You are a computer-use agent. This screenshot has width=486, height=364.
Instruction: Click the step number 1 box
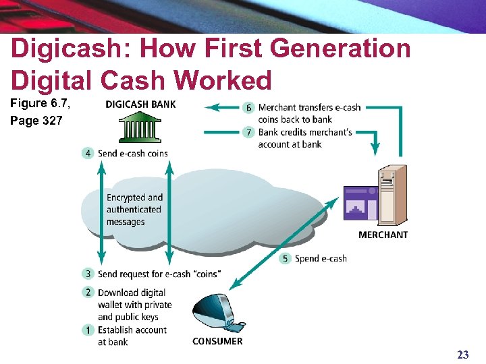coord(88,330)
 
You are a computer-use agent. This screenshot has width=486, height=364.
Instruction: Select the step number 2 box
coord(88,292)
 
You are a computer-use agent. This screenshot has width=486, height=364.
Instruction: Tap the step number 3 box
coord(88,274)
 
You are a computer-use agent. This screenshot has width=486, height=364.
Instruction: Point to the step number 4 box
coord(88,153)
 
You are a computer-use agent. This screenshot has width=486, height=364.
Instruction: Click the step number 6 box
coord(248,108)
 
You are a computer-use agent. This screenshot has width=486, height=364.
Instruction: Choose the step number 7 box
coord(248,131)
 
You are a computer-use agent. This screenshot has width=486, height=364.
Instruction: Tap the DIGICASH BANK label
coord(140,104)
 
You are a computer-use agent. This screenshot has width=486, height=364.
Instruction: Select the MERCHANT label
coord(383,235)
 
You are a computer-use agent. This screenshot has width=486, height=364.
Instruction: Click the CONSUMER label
coord(217,341)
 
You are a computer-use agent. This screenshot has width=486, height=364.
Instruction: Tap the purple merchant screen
coord(360,204)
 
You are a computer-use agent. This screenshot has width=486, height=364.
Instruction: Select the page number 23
coord(462,355)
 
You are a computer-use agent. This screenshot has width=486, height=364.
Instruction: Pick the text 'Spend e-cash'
coord(321,258)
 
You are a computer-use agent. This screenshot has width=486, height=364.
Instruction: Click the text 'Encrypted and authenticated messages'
coord(134,210)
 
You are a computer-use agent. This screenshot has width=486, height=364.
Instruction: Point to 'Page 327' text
coord(36,121)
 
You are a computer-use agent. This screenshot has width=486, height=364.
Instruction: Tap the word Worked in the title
coord(222,81)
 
